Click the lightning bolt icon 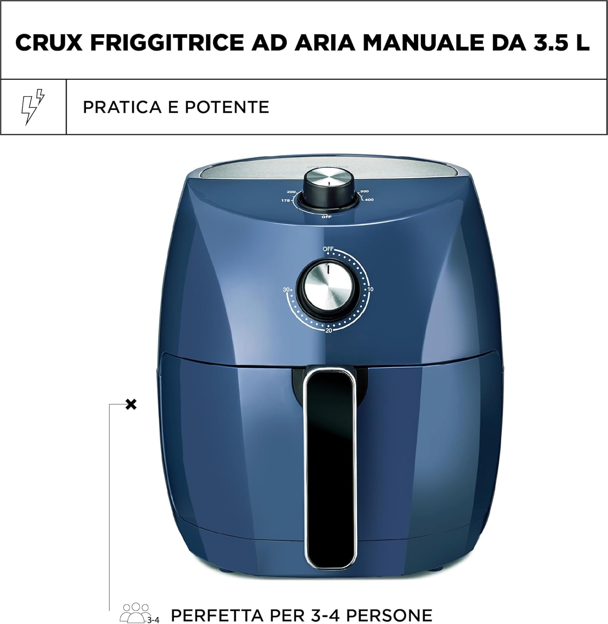tap(32, 106)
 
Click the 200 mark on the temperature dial tap(291, 192)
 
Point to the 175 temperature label tap(285, 201)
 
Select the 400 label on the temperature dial tap(369, 200)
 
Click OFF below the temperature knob tap(326, 217)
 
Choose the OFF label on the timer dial tap(328, 249)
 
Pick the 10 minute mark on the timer tap(370, 289)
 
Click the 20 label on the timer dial tap(329, 331)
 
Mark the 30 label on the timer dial tap(286, 290)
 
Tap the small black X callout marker tap(131, 404)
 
